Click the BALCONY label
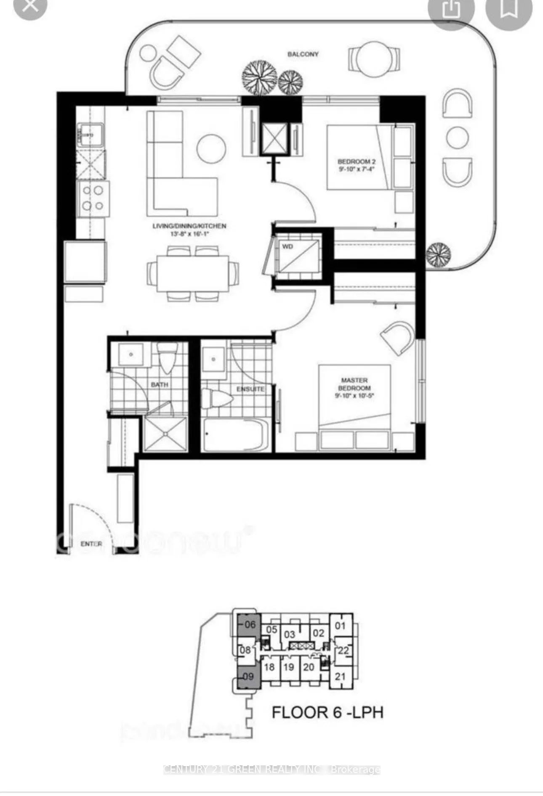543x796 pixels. coord(303,54)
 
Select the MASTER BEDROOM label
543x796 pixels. coord(354,384)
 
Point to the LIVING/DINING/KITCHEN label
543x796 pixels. coord(189,226)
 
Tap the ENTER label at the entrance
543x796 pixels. coord(91,544)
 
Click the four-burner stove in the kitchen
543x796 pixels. coord(93,198)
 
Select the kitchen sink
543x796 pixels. coord(90,135)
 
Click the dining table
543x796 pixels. coord(193,274)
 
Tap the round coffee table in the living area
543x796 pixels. coord(211,148)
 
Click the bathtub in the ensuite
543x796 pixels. coord(234,435)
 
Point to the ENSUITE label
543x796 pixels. coord(250,389)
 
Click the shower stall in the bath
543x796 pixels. coord(165,434)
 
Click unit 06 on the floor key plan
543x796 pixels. coord(249,624)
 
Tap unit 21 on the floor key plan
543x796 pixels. coord(340,677)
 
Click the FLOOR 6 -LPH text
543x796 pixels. coord(327,712)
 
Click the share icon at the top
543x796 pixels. coord(451,9)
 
